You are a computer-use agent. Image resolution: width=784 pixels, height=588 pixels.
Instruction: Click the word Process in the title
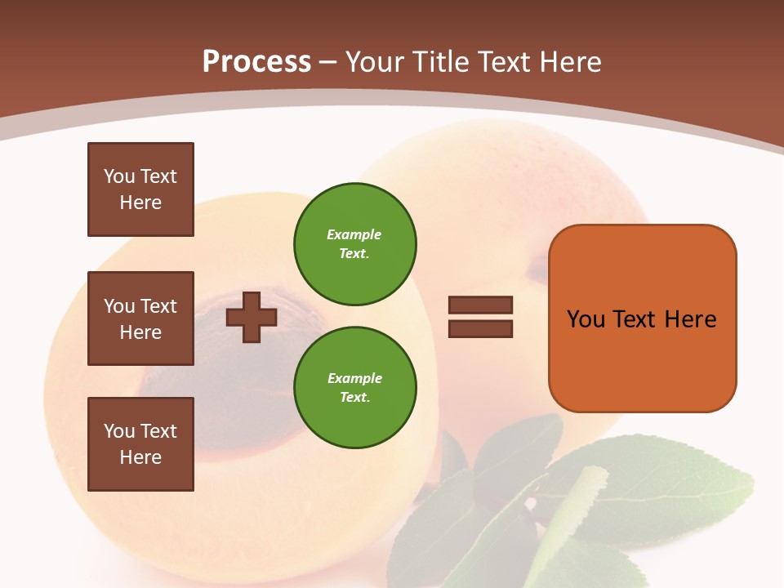tap(256, 62)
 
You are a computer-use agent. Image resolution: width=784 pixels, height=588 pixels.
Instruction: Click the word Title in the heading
tap(442, 62)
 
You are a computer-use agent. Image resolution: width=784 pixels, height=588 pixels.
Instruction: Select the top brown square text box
tap(140, 189)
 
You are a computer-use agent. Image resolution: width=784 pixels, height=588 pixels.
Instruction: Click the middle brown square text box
tap(140, 318)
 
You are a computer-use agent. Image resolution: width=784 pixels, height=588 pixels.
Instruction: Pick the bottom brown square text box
tap(140, 444)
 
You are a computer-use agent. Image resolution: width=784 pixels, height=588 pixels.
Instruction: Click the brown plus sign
tap(252, 317)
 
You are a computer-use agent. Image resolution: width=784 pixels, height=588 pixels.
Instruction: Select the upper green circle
tap(355, 243)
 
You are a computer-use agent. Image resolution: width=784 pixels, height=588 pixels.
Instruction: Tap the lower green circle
tap(355, 387)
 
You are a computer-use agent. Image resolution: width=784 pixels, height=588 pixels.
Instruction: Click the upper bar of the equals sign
tap(481, 305)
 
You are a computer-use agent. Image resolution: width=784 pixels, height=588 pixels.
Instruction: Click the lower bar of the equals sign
tap(481, 329)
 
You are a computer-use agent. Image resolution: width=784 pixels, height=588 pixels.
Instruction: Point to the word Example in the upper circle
tap(354, 234)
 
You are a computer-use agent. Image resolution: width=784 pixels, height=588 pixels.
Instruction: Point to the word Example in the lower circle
tap(354, 378)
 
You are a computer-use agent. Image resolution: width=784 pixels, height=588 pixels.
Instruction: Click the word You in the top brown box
tap(119, 176)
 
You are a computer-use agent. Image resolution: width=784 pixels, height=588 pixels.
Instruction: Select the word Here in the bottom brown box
tap(140, 457)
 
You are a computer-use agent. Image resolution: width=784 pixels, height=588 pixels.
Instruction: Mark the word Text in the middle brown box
tap(158, 306)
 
